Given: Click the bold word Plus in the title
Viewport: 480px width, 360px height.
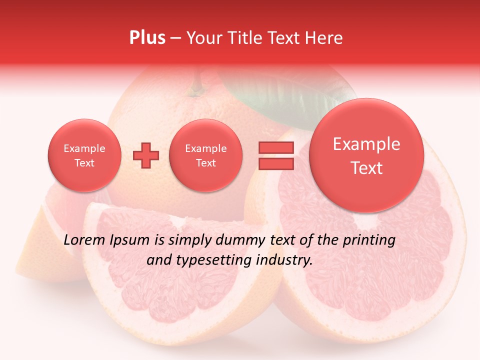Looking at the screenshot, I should (147, 38).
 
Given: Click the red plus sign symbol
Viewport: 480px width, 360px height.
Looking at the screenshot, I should (146, 155).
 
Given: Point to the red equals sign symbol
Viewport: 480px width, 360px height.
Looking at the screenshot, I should (275, 155).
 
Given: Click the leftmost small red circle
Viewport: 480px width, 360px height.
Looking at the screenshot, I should (84, 155).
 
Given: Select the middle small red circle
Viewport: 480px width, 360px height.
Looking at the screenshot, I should (205, 155).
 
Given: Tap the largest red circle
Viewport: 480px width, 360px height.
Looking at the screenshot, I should (366, 155).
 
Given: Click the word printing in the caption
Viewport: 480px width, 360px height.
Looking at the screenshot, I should (369, 240).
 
